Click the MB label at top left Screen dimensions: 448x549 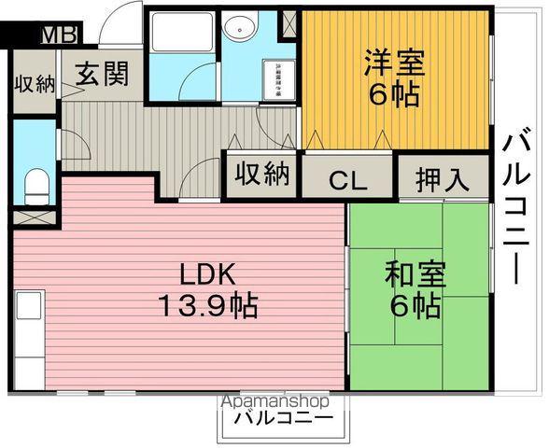[x=59, y=35]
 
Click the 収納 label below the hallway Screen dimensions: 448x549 [x=262, y=174]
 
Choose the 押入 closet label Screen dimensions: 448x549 [x=443, y=178]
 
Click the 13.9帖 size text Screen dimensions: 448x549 [x=207, y=305]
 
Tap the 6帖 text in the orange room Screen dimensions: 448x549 [x=393, y=94]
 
